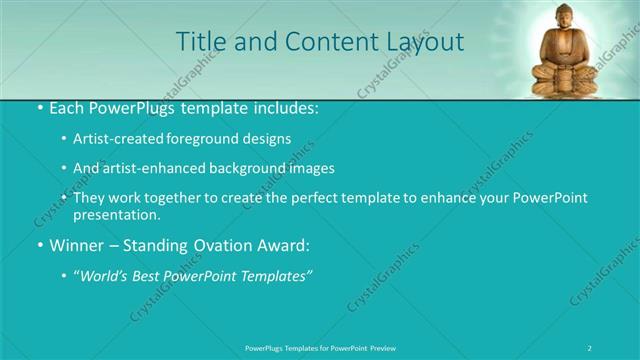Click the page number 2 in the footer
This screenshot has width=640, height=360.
(x=591, y=347)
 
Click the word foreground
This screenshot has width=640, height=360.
(x=202, y=138)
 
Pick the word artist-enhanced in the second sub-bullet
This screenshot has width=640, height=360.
(x=146, y=168)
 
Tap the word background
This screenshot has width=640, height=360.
(x=241, y=168)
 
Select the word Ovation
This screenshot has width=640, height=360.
(x=218, y=244)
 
